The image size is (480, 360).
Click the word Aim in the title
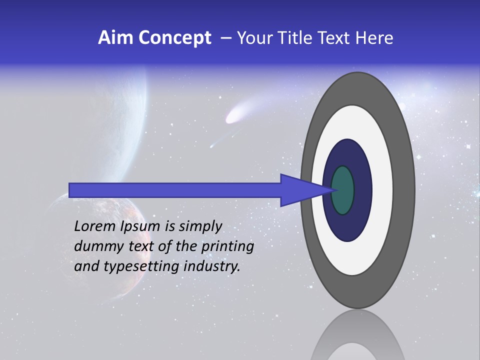click(x=114, y=38)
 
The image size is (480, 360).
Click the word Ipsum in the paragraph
click(x=139, y=227)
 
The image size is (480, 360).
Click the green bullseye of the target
click(x=343, y=190)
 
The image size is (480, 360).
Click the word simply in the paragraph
click(x=200, y=227)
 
